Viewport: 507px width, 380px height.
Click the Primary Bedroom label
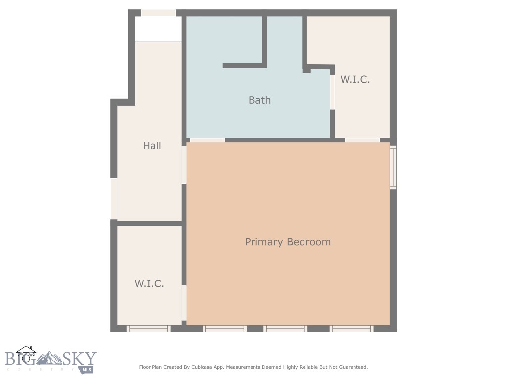[288, 242]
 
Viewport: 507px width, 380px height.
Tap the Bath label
[259, 100]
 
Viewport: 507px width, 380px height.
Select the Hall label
[152, 146]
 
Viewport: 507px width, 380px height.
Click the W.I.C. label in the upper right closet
[355, 79]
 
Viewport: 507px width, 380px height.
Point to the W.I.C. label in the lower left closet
[149, 284]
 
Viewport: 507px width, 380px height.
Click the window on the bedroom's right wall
[393, 167]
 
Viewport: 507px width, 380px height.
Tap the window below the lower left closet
[149, 328]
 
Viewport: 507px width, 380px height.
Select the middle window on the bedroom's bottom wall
[285, 328]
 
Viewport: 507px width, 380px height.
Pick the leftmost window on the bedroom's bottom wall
[224, 328]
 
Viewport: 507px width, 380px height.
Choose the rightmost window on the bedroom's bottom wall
[352, 328]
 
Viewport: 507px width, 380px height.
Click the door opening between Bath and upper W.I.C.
[332, 92]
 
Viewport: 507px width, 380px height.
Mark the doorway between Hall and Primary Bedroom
[184, 164]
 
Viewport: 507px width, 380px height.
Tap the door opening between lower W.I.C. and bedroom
[184, 303]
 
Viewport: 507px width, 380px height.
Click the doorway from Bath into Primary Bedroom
[207, 141]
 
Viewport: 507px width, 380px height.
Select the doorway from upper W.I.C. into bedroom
[362, 141]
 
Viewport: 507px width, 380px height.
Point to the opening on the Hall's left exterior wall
[114, 198]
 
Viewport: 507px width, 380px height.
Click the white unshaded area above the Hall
[158, 29]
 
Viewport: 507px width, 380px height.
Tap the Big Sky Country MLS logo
[50, 360]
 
